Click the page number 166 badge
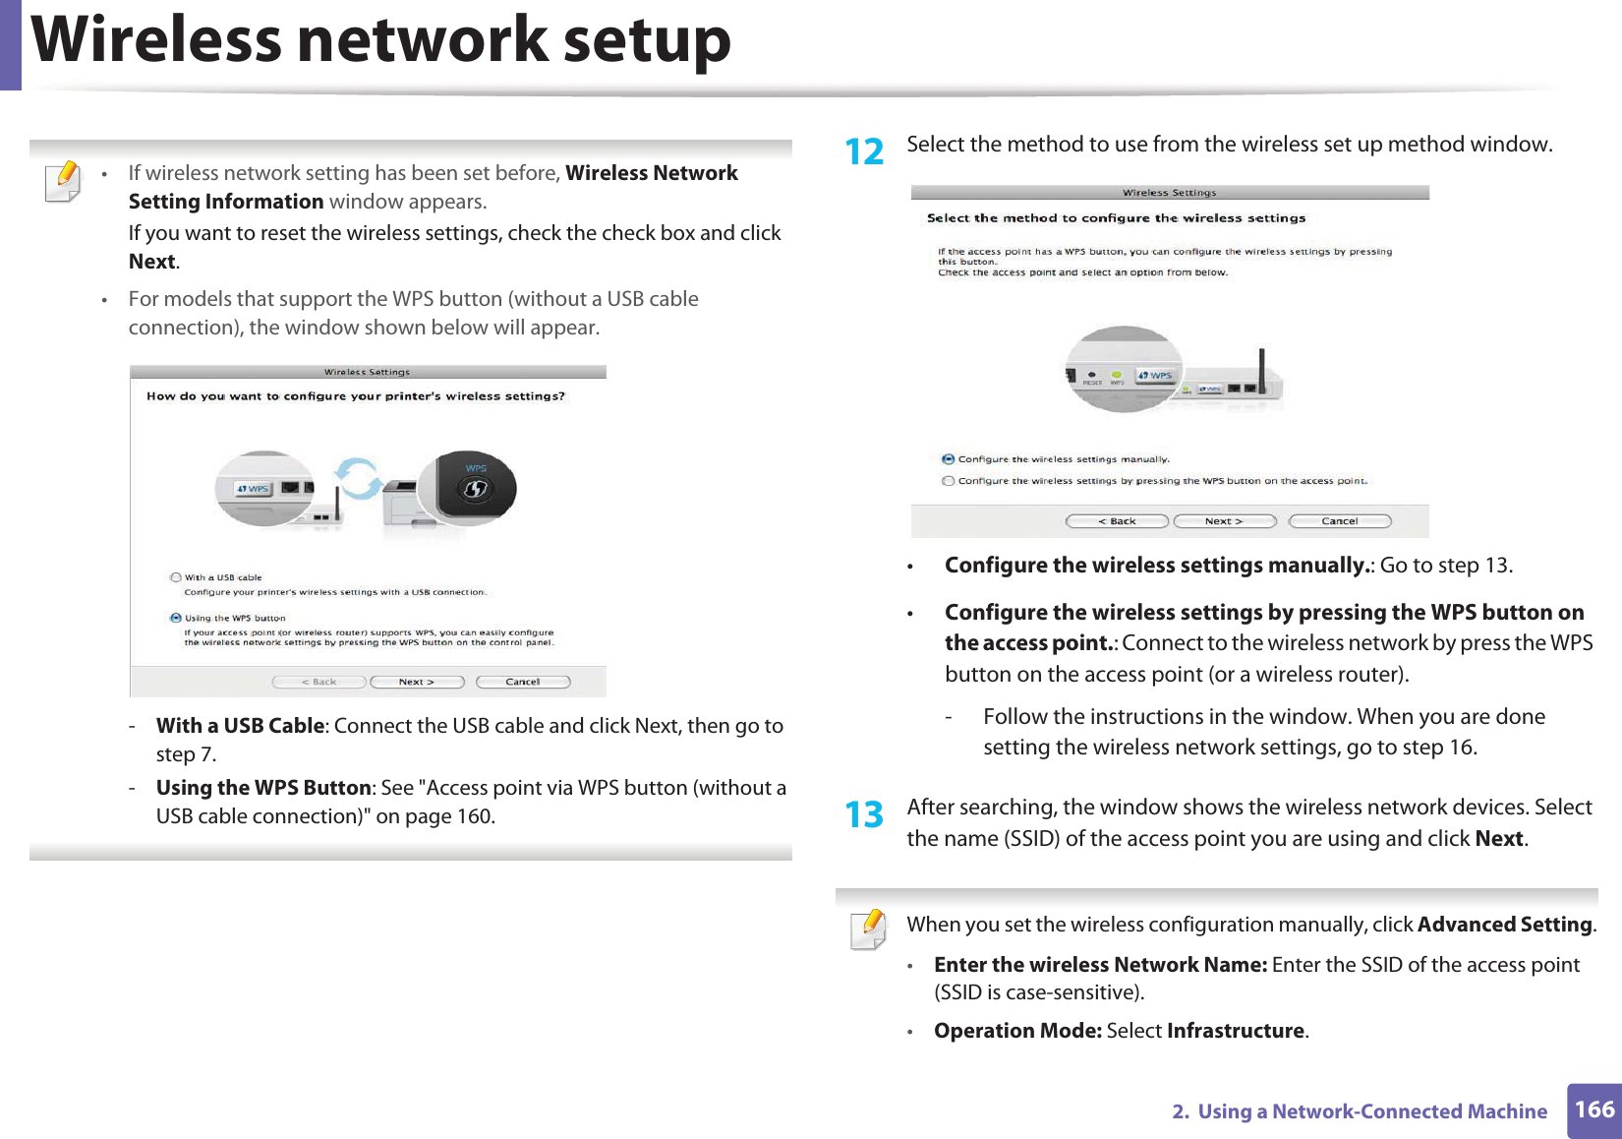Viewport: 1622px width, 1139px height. click(1593, 1110)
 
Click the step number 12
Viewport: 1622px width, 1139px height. click(864, 152)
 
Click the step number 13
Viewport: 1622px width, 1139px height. click(864, 815)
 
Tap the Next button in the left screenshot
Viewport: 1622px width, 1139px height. click(417, 682)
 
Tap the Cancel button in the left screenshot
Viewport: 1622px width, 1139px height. click(523, 682)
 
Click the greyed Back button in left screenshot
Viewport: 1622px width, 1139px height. click(319, 682)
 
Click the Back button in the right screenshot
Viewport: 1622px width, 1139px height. click(1117, 521)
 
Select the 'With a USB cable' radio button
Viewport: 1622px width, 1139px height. click(176, 577)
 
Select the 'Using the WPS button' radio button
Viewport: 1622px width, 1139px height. click(176, 618)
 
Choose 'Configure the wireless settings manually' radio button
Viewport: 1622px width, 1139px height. click(948, 459)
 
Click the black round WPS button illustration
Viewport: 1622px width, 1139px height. click(476, 487)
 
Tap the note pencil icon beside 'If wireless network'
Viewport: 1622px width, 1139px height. click(64, 182)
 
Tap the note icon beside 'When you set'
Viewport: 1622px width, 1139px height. click(869, 929)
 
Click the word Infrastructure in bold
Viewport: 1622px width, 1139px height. click(1235, 1031)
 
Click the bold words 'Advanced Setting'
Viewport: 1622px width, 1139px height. click(1504, 925)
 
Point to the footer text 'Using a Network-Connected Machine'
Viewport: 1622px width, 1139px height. click(1371, 1111)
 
